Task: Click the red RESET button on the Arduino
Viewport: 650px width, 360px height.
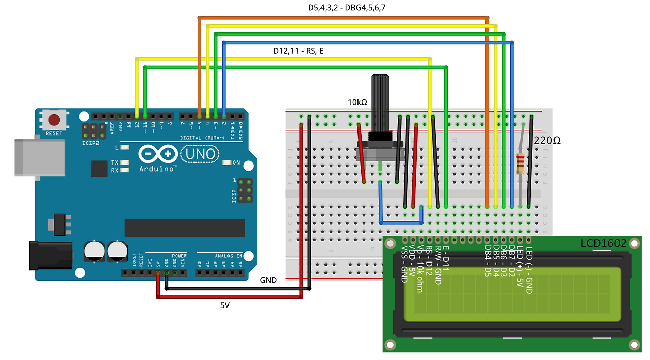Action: pos(53,121)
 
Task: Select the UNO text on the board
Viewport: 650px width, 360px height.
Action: pos(200,153)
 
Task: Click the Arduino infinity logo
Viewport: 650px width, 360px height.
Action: pos(157,153)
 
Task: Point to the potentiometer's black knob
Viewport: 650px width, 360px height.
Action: pos(380,104)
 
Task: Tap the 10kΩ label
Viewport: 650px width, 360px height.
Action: pos(357,102)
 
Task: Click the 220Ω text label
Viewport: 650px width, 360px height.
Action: pos(547,140)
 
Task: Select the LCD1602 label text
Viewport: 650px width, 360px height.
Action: pos(603,244)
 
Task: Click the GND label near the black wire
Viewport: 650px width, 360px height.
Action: pos(268,280)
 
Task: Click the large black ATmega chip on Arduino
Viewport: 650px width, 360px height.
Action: pos(185,228)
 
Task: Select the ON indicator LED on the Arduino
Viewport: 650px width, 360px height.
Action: pos(227,163)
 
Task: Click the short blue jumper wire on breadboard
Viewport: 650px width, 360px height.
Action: pos(401,222)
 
